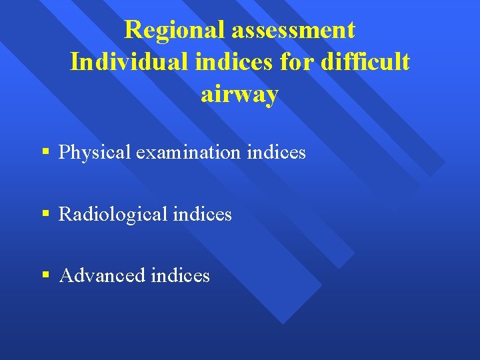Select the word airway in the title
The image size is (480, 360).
(239, 95)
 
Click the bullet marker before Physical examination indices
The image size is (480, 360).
(45, 152)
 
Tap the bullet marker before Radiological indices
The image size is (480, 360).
(45, 214)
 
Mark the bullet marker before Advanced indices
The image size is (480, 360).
(45, 275)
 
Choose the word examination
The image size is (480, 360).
(188, 153)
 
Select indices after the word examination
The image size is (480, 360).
(276, 153)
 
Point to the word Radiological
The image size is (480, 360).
(113, 214)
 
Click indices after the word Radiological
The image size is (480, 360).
(202, 214)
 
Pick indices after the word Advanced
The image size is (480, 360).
(180, 275)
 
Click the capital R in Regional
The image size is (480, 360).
(133, 30)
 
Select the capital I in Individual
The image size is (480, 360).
(75, 62)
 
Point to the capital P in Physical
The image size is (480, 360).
(64, 153)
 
